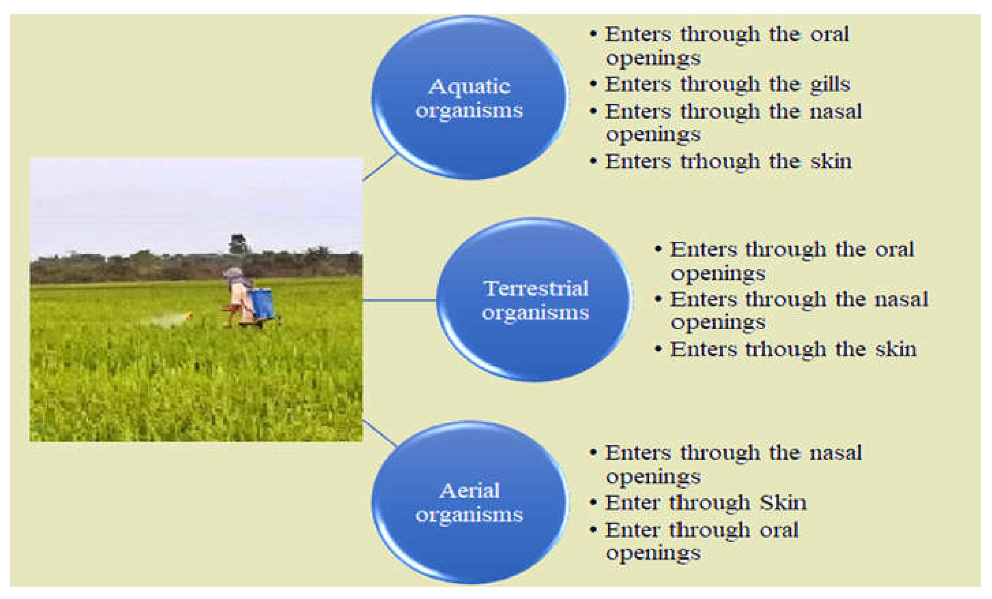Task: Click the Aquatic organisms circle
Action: click(x=470, y=98)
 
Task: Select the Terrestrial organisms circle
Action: click(x=535, y=300)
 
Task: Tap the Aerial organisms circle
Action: click(x=470, y=502)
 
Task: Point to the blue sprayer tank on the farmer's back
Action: click(x=262, y=303)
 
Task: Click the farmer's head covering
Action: click(x=234, y=275)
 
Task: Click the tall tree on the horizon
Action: click(x=237, y=244)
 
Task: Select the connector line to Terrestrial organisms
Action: click(x=400, y=300)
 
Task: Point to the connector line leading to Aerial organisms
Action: click(x=380, y=433)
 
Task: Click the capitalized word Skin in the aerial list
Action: click(x=783, y=503)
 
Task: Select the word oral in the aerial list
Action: click(x=779, y=530)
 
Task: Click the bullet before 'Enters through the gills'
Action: click(x=593, y=85)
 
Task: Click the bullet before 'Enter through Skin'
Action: click(x=593, y=503)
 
